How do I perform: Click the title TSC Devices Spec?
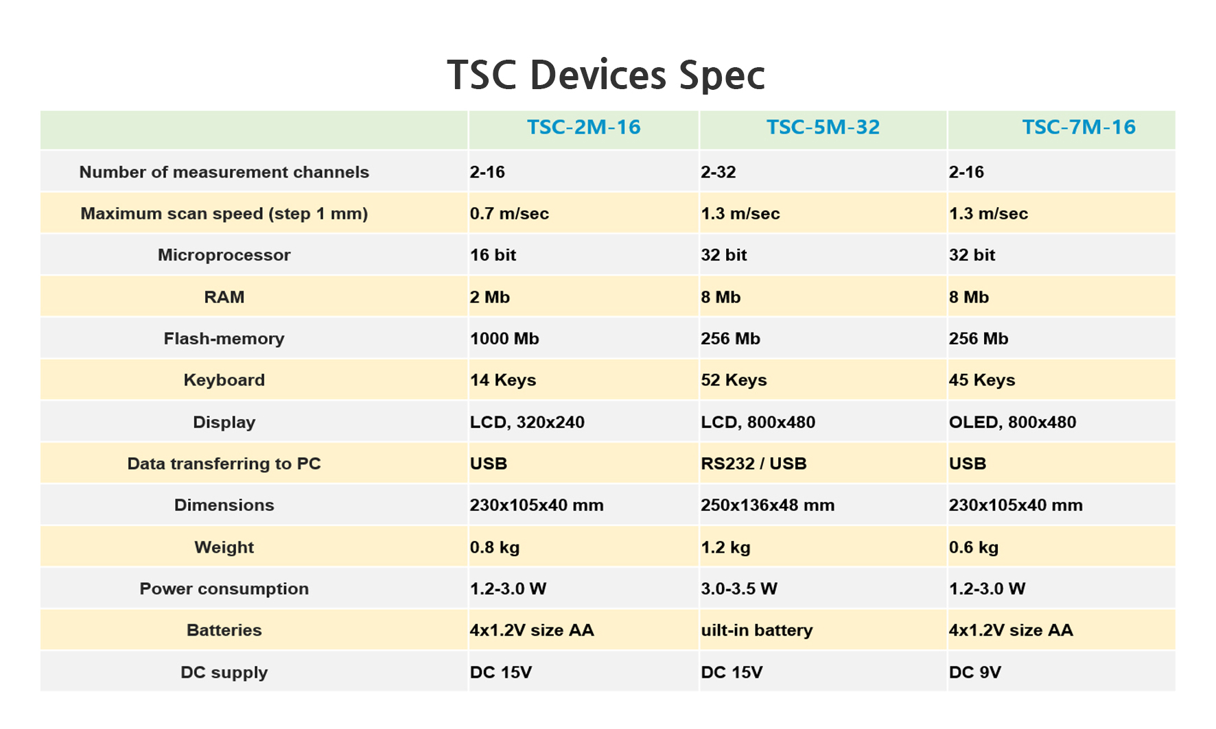[x=606, y=75]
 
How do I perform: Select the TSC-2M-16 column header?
[x=583, y=127]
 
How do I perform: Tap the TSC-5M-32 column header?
[x=823, y=127]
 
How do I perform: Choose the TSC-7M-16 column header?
[x=1079, y=127]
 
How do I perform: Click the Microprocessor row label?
[x=224, y=255]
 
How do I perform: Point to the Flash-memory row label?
[x=224, y=339]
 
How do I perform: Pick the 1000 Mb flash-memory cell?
[x=504, y=339]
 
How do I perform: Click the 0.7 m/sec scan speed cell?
[x=509, y=213]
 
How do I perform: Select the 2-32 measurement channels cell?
[x=718, y=172]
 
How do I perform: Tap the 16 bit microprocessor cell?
[x=493, y=255]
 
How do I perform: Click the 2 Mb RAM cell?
[x=490, y=297]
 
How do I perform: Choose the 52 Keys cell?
[x=734, y=380]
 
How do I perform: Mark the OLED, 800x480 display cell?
[x=1012, y=422]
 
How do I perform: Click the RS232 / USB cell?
[x=753, y=464]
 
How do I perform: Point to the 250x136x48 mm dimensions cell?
[x=768, y=505]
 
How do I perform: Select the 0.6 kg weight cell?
[x=974, y=547]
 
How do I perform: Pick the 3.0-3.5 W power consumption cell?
[x=739, y=588]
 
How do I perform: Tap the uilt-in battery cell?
[x=757, y=630]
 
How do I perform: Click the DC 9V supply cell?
[x=975, y=672]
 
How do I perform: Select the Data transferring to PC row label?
[x=224, y=464]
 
